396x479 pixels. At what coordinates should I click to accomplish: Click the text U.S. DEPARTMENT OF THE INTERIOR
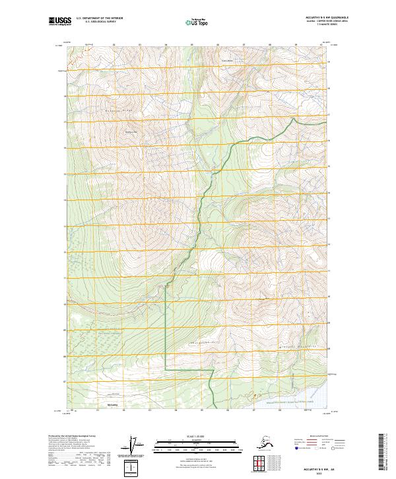(x=101, y=19)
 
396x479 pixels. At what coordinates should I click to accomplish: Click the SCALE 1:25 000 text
(x=198, y=435)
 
